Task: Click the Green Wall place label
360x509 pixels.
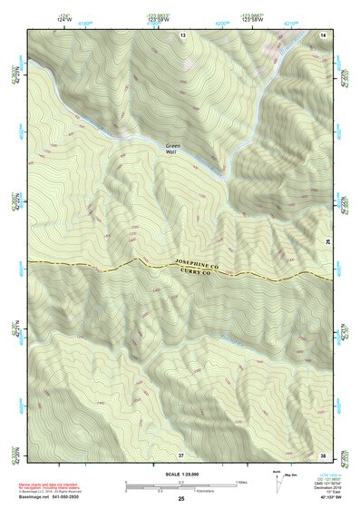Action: point(172,149)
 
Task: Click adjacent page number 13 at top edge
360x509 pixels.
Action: point(182,34)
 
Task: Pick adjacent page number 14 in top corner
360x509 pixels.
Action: point(324,34)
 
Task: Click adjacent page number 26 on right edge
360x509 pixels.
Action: point(327,240)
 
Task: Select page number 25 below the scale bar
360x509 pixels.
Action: point(181,500)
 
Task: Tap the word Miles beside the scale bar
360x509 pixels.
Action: point(241,482)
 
